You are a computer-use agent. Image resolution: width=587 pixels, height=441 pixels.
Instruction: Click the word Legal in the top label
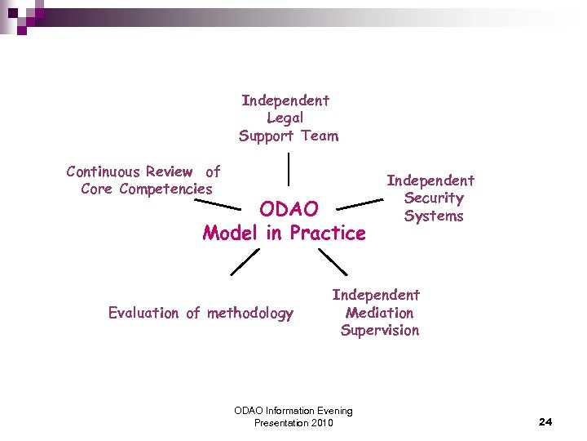point(285,118)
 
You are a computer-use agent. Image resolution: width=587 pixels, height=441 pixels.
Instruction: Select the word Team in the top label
point(319,136)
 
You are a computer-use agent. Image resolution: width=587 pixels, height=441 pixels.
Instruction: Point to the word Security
point(433,198)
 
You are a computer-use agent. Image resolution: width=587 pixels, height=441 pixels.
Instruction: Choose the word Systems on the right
point(433,216)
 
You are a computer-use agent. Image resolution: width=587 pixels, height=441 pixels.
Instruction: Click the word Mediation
point(379,313)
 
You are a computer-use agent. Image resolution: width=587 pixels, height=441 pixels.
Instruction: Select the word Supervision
point(379,331)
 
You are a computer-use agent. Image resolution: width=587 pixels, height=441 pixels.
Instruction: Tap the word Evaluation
point(143,313)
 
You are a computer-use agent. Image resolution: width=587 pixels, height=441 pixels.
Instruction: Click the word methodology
point(249,313)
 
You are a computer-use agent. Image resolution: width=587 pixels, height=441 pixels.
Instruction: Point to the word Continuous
point(104,171)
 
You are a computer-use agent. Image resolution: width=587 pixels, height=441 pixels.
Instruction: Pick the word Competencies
point(166,189)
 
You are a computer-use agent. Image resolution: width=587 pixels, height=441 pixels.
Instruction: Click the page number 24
point(545,422)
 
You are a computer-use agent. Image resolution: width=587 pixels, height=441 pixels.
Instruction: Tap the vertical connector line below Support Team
point(288,169)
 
